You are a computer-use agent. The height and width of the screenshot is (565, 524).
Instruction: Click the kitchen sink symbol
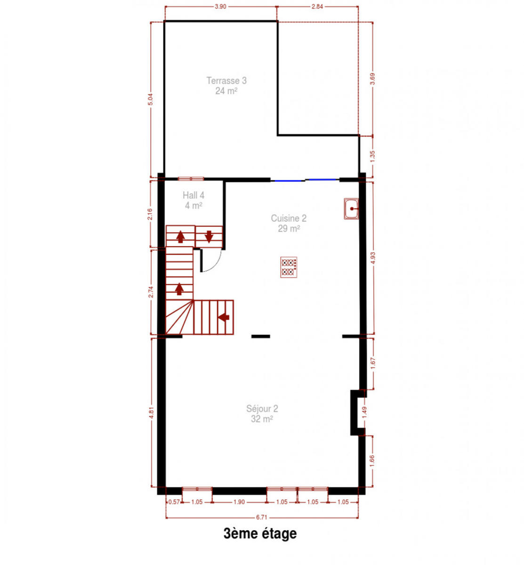[x=351, y=209]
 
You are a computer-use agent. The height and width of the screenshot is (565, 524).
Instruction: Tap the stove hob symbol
[x=289, y=267]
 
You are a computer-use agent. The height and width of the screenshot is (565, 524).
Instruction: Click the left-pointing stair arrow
[x=224, y=317]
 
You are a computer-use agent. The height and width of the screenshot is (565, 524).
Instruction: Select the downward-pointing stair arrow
[x=209, y=236]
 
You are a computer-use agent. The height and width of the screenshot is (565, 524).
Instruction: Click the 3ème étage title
[x=260, y=533]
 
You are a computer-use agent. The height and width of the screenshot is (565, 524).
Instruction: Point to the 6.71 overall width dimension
[x=261, y=517]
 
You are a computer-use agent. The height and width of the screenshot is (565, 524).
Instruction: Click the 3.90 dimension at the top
[x=220, y=7]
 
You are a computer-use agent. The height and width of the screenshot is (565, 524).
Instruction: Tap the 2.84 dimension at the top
[x=317, y=7]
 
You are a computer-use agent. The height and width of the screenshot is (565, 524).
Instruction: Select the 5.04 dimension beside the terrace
[x=151, y=99]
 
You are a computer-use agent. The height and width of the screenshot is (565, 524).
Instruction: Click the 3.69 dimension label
[x=372, y=79]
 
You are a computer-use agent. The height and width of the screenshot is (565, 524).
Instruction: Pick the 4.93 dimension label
[x=373, y=258]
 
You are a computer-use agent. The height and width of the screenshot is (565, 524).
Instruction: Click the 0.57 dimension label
[x=174, y=502]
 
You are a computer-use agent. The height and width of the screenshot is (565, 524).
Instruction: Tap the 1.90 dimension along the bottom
[x=239, y=502]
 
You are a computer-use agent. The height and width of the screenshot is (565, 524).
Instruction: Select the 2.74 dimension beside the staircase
[x=151, y=292]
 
